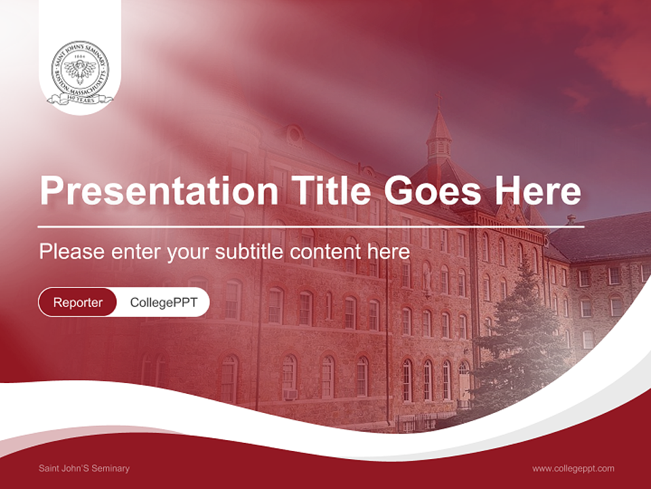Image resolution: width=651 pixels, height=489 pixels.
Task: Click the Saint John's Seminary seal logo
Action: tap(80, 71)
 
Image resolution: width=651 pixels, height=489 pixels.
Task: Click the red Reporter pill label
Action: tap(77, 302)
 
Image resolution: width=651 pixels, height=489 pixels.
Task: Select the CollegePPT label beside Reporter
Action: tap(163, 302)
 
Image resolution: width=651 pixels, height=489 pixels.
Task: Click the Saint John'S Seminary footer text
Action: tap(84, 468)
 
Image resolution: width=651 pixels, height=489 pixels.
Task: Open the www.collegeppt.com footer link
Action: tap(573, 468)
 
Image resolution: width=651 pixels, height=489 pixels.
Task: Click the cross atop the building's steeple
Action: tap(438, 99)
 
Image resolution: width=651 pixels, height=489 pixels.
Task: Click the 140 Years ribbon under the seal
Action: tap(80, 100)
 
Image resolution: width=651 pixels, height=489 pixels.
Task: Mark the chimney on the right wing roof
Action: tap(571, 219)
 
